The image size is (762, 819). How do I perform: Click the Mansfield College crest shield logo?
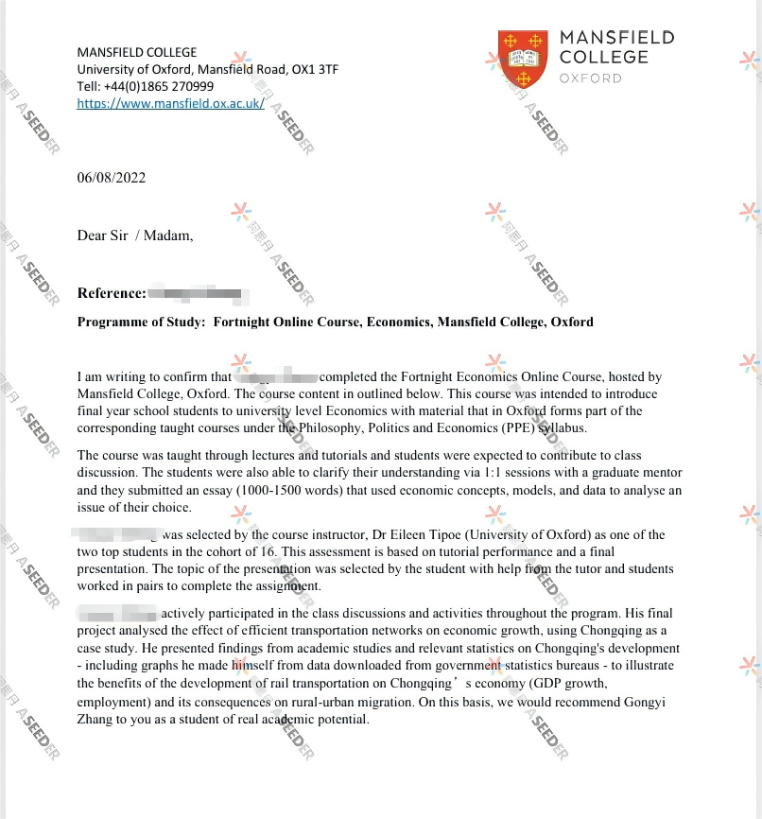(522, 58)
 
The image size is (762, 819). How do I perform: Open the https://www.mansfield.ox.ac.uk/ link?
(170, 104)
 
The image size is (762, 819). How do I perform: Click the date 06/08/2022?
(112, 178)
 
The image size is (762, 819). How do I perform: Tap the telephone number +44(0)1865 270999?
(166, 86)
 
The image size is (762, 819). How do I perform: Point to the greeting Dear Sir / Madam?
(134, 235)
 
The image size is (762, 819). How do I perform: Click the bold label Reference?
(112, 294)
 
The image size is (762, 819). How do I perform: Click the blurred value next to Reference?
(199, 294)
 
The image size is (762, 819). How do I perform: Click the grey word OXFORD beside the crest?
(591, 78)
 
